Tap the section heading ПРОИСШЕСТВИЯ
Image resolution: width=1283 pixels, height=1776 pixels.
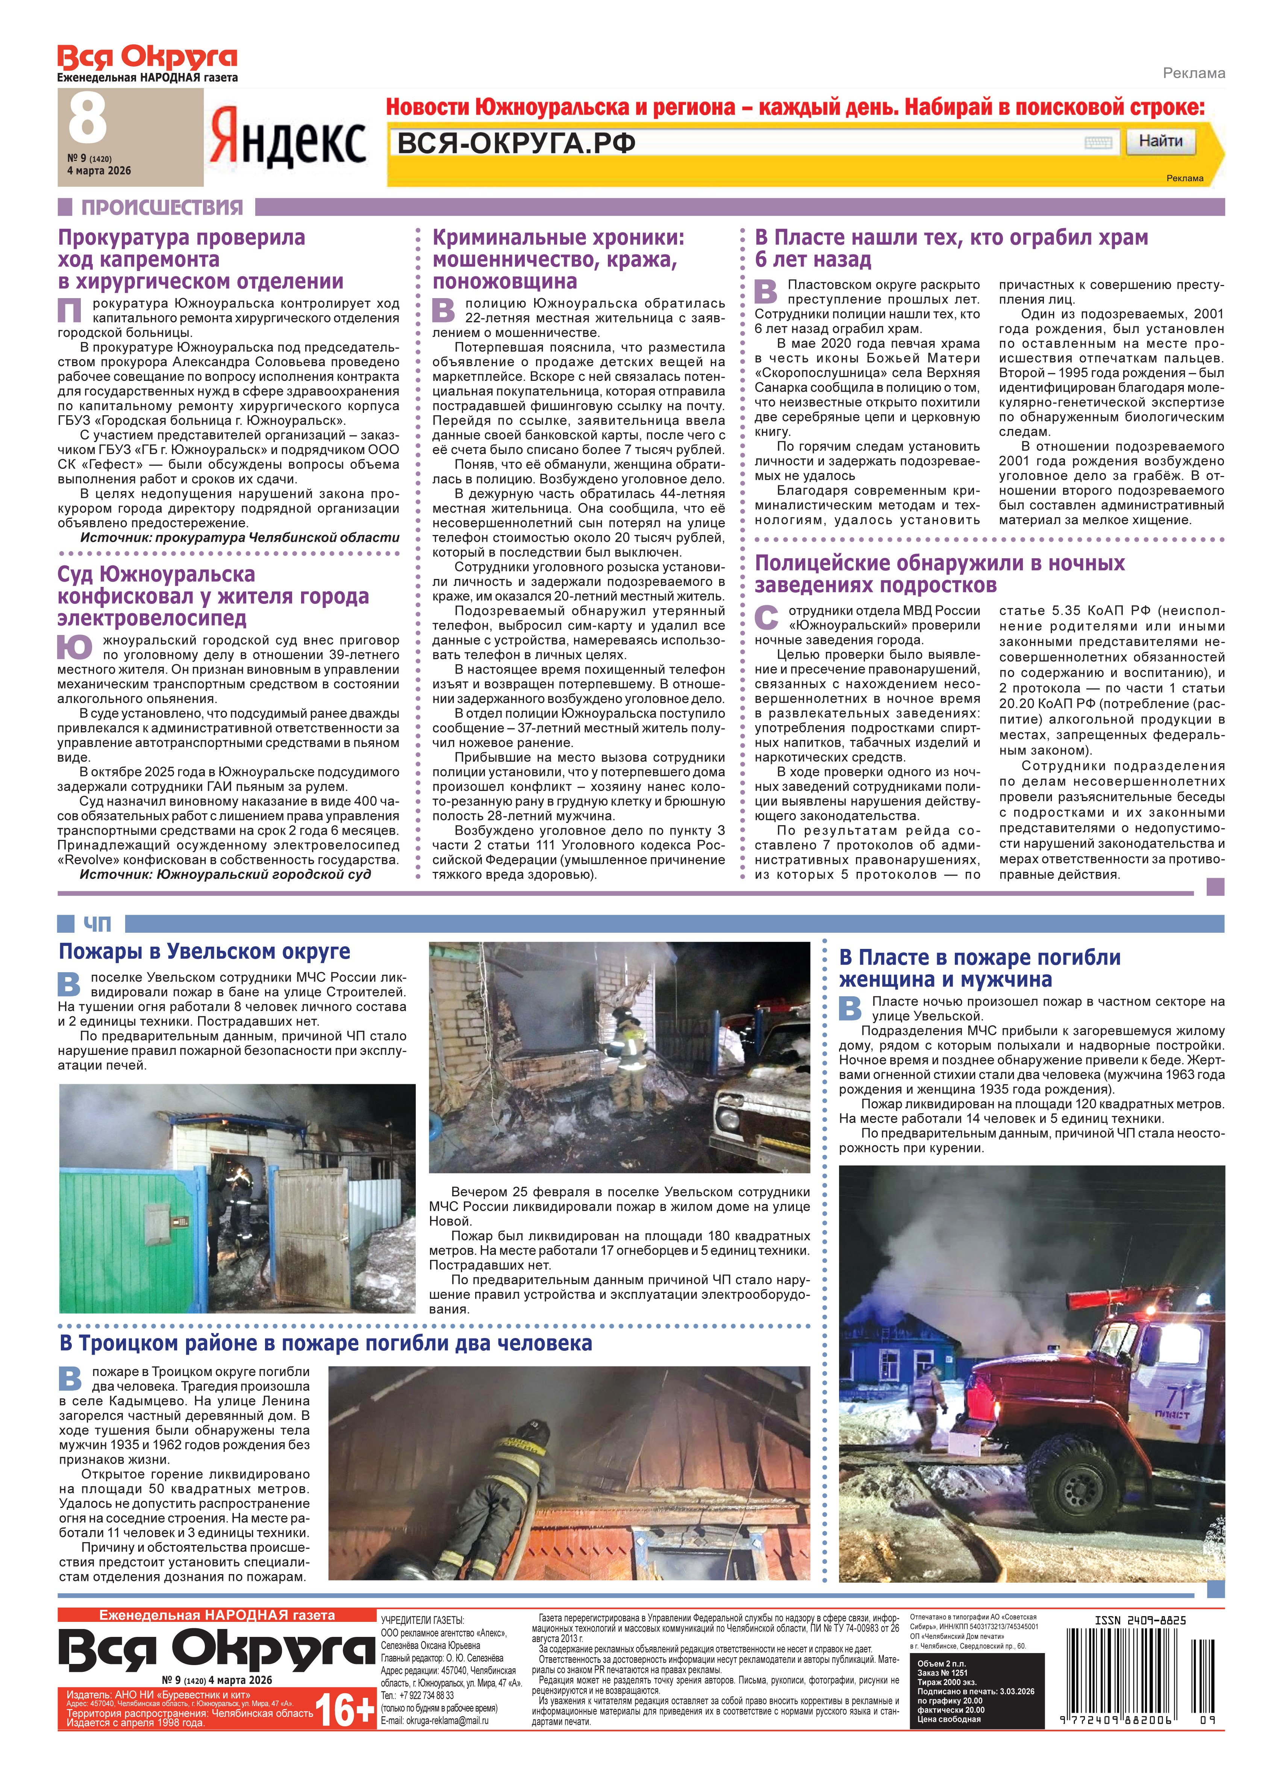tap(162, 208)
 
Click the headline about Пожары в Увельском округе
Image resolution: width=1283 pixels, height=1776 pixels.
tap(204, 952)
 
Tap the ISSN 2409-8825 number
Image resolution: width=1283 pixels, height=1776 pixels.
tap(1140, 1620)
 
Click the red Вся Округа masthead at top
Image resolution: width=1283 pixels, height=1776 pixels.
tap(147, 57)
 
